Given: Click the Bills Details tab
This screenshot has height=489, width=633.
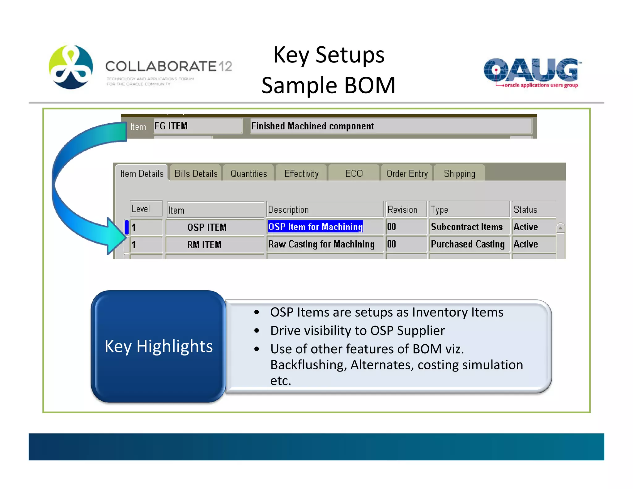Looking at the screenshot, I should pos(196,173).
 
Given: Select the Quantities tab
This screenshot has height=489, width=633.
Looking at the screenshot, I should pos(249,173).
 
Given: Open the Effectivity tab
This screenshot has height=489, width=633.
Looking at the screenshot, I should pos(301,173).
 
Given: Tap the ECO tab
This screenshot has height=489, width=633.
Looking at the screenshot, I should pos(354,173).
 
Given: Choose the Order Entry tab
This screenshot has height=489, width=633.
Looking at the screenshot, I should pos(407,173).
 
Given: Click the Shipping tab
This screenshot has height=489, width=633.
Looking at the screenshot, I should pos(459,173).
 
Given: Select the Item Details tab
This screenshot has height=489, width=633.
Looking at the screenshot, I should pos(142,173).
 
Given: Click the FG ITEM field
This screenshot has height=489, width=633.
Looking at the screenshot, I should pos(198,126).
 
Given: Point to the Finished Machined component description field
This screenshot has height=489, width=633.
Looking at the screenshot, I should pos(391,126).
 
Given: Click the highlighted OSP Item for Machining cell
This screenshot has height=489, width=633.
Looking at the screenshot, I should pos(315,227).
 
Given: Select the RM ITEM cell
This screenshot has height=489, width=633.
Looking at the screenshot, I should pos(215,244).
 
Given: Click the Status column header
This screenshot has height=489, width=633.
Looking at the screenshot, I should pos(533,210).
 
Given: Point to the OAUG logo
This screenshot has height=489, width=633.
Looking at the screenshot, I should pos(531,72).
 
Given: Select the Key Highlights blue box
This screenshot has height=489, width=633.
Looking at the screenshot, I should pos(158,346).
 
